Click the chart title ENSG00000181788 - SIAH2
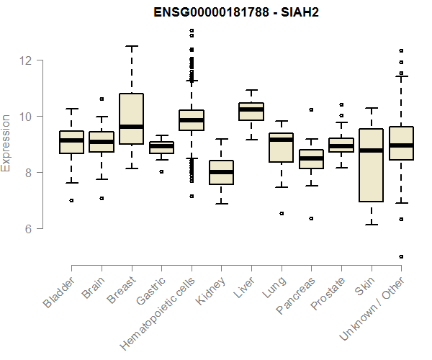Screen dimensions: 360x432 click(237, 13)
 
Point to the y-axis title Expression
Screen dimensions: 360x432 click(6, 143)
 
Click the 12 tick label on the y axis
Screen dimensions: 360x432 click(27, 60)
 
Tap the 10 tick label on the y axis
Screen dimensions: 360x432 click(27, 117)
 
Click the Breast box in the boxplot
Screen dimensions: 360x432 click(131, 119)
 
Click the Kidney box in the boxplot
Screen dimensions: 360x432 click(221, 173)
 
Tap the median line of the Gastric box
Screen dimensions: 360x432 click(161, 147)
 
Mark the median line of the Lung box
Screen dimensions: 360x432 click(281, 140)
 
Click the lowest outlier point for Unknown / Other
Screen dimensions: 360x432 click(401, 256)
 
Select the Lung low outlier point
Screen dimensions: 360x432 click(281, 213)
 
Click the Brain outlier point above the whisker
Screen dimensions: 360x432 click(102, 99)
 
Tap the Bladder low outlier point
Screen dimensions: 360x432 click(71, 201)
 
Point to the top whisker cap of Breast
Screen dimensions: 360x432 click(131, 46)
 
